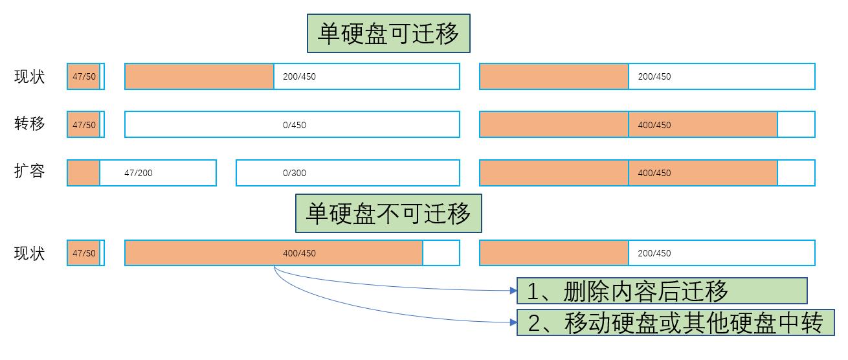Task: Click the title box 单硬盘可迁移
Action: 388,34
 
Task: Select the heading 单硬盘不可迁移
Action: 388,213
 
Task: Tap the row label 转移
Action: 30,124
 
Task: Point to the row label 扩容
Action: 30,172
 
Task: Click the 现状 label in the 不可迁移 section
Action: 30,253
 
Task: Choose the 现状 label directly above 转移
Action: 30,76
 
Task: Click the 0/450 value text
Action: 295,125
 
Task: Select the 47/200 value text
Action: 139,173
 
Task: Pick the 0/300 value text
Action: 295,173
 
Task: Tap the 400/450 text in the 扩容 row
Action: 654,173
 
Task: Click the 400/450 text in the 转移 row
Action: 654,125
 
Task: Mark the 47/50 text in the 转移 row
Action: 84,125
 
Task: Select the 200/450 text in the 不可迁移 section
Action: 654,253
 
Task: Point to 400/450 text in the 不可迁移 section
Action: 299,253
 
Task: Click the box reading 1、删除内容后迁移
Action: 662,291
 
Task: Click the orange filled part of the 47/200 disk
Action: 84,173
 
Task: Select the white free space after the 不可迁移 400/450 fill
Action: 441,253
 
